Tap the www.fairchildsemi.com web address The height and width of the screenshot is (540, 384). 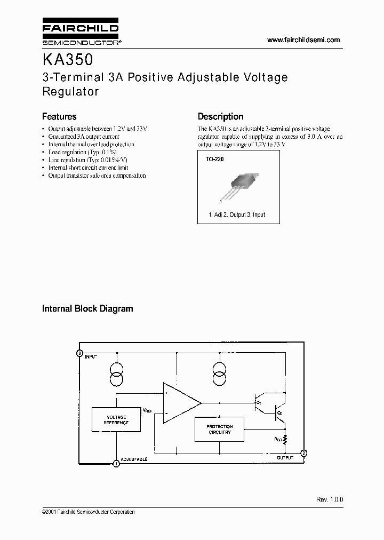click(303, 40)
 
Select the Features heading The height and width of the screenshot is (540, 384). click(59, 116)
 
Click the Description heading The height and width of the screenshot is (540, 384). click(220, 116)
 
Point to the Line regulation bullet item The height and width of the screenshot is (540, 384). click(87, 160)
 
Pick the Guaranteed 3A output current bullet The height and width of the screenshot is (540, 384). click(83, 137)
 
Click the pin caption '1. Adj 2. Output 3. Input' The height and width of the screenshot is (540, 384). click(237, 215)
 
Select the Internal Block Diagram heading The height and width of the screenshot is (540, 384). click(87, 308)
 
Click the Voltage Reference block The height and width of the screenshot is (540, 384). click(116, 420)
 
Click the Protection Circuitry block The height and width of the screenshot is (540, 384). click(220, 429)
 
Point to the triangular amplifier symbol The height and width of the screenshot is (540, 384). click(180, 403)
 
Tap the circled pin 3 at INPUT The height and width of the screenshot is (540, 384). click(79, 353)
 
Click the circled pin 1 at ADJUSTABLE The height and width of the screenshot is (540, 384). click(116, 464)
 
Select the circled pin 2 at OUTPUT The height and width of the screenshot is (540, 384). click(303, 454)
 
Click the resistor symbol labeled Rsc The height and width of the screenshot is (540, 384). click(285, 439)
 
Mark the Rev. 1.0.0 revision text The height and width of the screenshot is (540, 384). click(330, 499)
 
